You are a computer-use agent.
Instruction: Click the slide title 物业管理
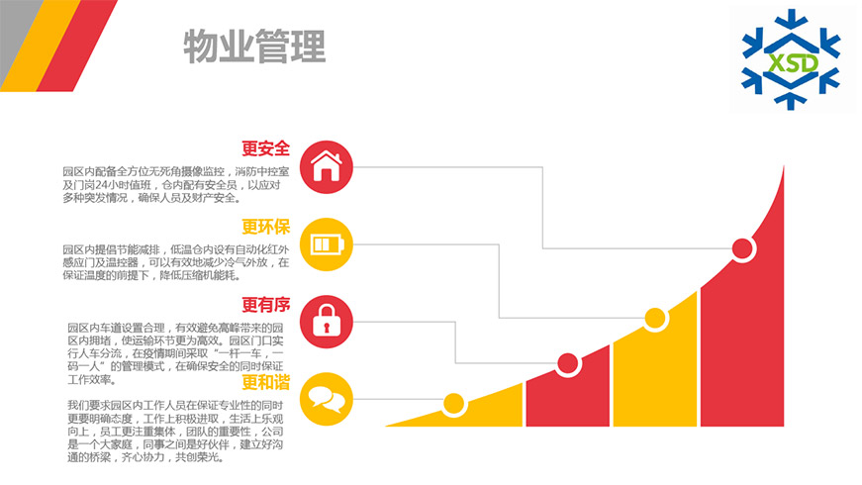tap(254, 46)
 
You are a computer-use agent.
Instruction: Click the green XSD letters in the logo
tap(791, 63)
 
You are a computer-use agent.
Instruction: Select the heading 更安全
tap(265, 148)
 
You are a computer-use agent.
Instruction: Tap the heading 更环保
tap(265, 227)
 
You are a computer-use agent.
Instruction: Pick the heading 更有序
tap(265, 304)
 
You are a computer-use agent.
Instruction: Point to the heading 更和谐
tap(265, 382)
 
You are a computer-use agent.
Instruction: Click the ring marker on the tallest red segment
tap(742, 247)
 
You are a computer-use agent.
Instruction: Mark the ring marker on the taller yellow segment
tap(654, 319)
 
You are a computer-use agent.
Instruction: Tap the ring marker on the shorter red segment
tap(567, 363)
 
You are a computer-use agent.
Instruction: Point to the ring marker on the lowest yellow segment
tap(454, 403)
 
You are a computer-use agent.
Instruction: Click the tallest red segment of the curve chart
tap(752, 346)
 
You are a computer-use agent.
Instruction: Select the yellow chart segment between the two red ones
tap(655, 381)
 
